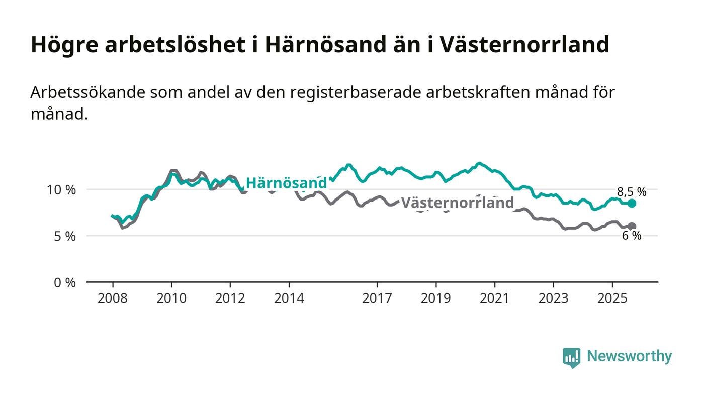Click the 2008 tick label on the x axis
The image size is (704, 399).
(113, 298)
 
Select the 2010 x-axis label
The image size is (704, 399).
(171, 298)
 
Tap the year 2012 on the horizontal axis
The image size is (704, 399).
(230, 298)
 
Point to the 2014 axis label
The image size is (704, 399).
(289, 298)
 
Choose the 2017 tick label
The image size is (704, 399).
(377, 298)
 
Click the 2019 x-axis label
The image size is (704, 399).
(436, 298)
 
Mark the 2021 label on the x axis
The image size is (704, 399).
(495, 298)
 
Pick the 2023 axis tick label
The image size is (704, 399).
(554, 298)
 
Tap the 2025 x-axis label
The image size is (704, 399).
(612, 298)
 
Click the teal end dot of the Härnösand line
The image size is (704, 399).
(632, 203)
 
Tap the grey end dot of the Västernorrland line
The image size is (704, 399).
(632, 226)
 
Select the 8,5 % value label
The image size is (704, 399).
(632, 191)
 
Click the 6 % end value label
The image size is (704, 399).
(632, 236)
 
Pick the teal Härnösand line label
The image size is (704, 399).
(286, 183)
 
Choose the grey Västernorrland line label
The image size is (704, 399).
(457, 203)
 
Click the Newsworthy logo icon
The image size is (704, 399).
(571, 357)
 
